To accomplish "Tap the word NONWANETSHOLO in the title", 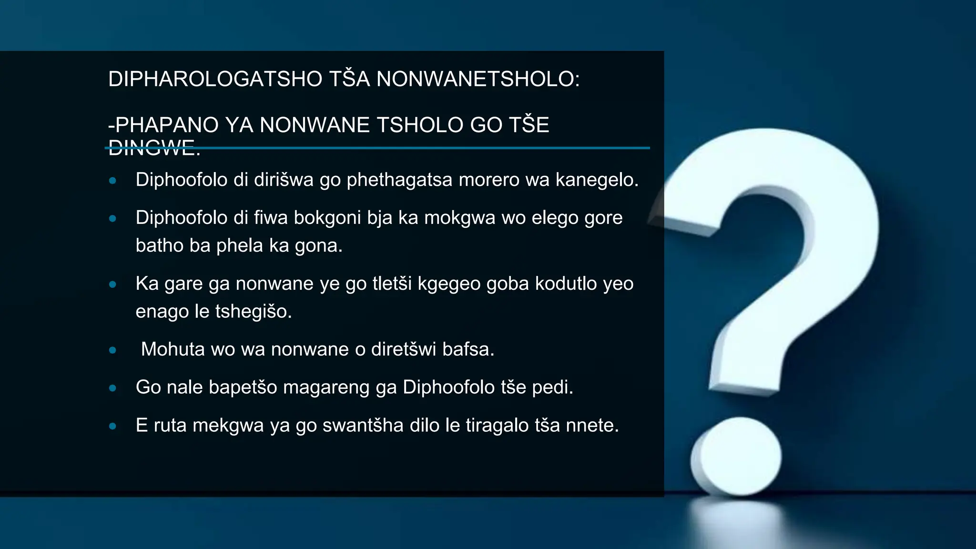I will pos(478,79).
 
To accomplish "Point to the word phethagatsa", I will pos(399,180).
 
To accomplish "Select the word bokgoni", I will pos(327,218).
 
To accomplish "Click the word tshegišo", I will pos(253,312).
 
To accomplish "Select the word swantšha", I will pos(363,425).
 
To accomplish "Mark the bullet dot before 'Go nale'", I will pos(113,388).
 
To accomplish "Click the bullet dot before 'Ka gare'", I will pos(113,285).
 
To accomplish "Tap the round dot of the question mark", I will pos(737,457).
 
